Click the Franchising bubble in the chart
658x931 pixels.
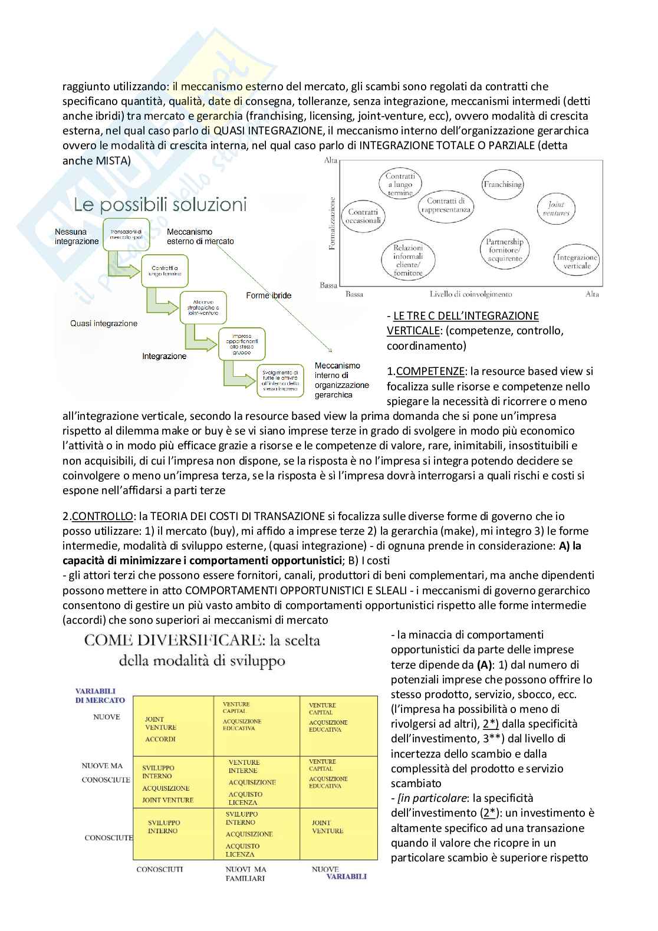click(x=502, y=184)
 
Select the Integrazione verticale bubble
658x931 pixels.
click(x=577, y=261)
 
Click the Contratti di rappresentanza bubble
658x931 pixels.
click(x=449, y=205)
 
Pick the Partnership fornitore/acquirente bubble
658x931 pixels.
click(x=504, y=250)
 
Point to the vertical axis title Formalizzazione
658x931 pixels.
click(x=332, y=223)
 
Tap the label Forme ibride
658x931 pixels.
click(x=268, y=295)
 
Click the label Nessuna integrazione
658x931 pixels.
click(x=77, y=236)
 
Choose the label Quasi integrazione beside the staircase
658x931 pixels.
click(x=104, y=323)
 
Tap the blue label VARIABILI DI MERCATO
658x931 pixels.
click(x=100, y=695)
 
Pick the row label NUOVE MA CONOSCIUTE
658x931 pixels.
click(x=106, y=772)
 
